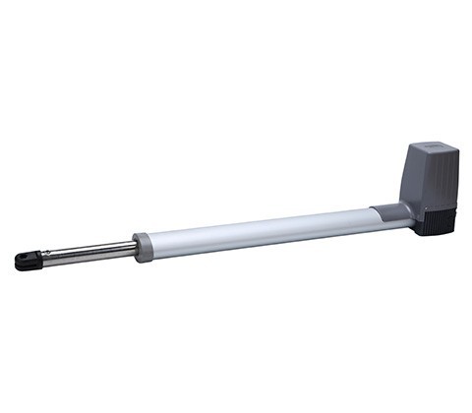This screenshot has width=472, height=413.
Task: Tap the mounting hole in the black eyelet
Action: [x=23, y=263]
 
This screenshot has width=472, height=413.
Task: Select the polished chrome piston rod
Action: [x=88, y=253]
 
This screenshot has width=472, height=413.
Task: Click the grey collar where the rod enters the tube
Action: [x=144, y=246]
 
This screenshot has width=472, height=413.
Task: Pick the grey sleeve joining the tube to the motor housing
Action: [x=390, y=211]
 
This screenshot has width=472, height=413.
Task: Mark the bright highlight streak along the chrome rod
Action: [x=88, y=250]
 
